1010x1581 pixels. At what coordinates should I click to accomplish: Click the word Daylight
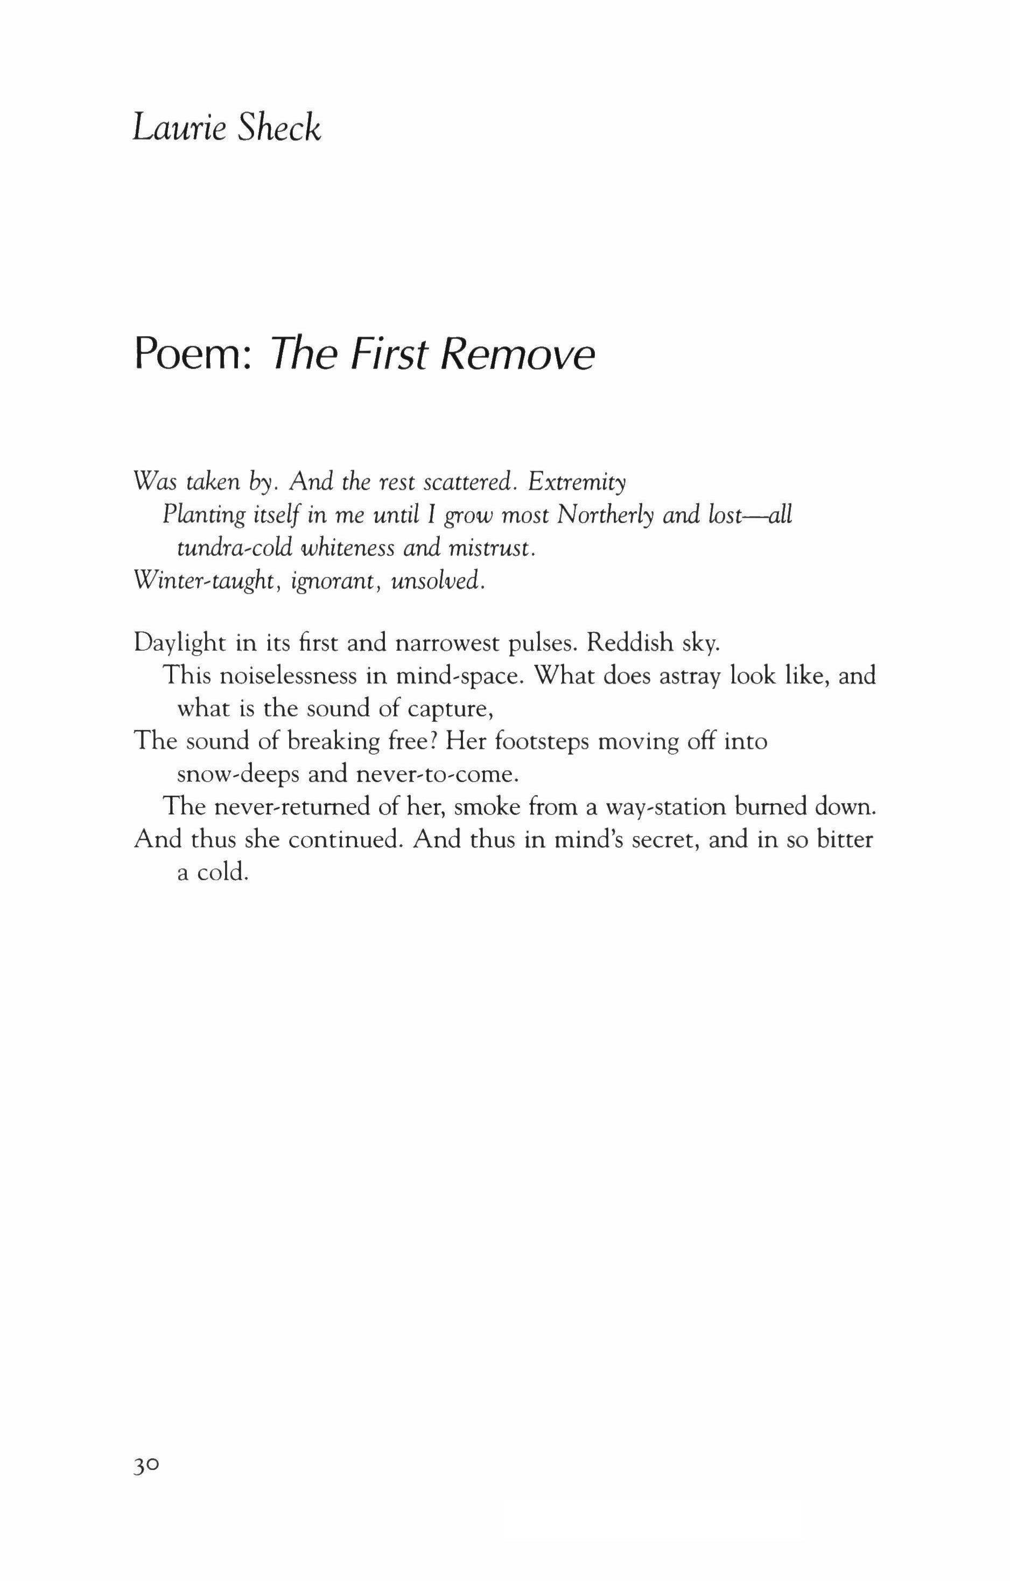coord(180,643)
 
